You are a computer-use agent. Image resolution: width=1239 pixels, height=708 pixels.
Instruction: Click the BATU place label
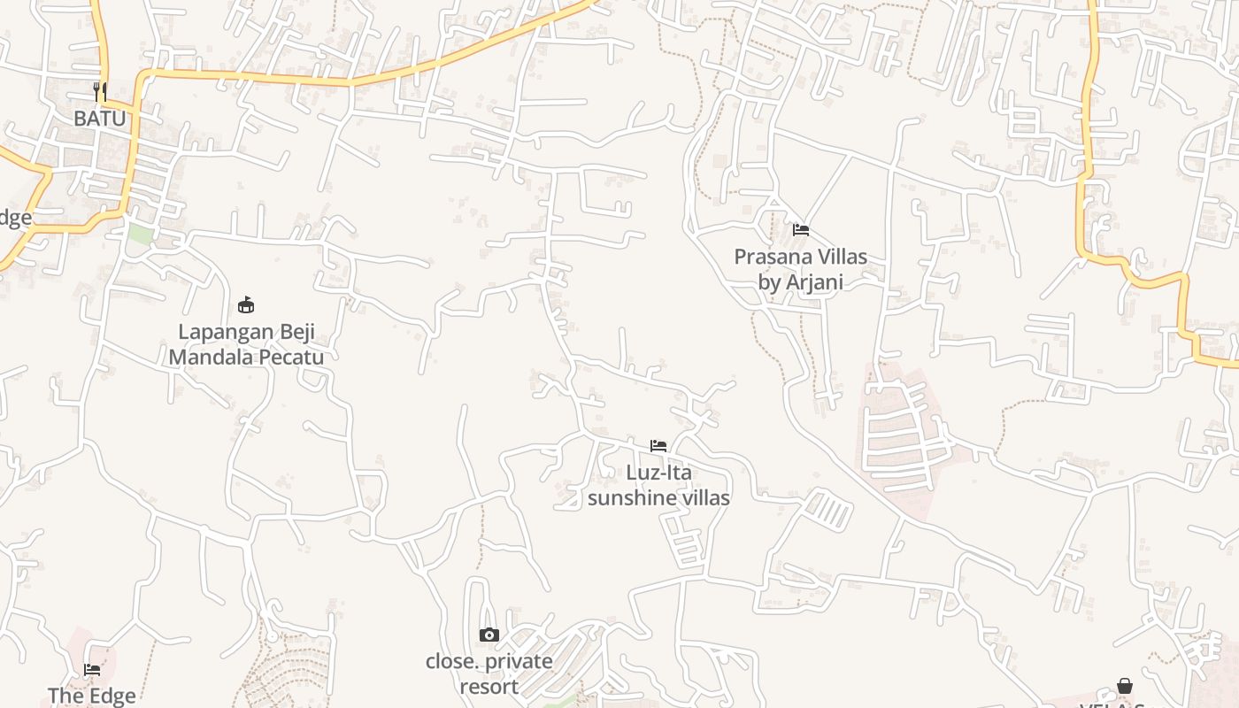(x=99, y=118)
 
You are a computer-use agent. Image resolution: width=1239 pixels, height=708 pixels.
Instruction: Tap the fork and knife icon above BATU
(x=100, y=91)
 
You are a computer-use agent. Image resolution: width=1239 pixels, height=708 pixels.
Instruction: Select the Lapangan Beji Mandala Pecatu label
(x=246, y=345)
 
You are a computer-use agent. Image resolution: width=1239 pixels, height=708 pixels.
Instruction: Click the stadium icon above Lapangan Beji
(x=246, y=305)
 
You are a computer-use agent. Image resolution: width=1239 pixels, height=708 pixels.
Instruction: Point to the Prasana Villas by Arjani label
(x=800, y=269)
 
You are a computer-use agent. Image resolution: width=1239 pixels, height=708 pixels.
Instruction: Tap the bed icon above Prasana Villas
(x=801, y=230)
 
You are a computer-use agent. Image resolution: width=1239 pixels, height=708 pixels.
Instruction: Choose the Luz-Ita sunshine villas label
(x=658, y=485)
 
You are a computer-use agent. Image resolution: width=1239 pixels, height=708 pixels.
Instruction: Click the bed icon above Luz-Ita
(x=658, y=445)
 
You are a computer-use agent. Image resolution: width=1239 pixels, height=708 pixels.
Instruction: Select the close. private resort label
(x=489, y=673)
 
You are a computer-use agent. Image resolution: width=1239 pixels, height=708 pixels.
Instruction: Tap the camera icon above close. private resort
(x=489, y=635)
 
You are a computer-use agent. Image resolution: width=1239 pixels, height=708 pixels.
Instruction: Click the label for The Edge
(x=92, y=696)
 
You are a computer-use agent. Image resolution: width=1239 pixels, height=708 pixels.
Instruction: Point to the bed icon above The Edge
(x=92, y=670)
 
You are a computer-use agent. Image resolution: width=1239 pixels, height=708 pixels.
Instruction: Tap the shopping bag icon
(x=1124, y=686)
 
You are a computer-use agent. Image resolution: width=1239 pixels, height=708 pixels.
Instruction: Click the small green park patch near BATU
(x=141, y=235)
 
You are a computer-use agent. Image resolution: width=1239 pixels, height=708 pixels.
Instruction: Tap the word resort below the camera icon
(x=489, y=686)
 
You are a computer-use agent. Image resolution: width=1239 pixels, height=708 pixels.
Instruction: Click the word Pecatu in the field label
(x=290, y=358)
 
